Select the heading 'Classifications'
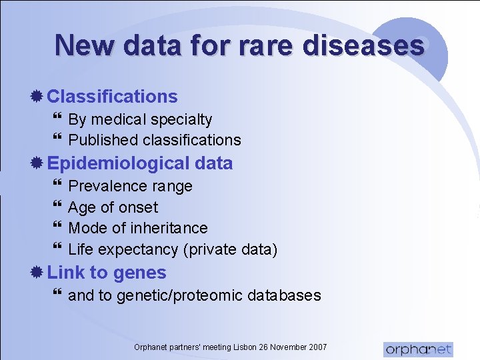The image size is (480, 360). point(113,96)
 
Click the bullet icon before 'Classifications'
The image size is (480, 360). point(38,96)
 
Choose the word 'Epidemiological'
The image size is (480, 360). point(119,163)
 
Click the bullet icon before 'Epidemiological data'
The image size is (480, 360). point(38,163)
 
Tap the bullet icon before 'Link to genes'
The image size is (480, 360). point(38,273)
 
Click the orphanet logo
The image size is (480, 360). point(418,349)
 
